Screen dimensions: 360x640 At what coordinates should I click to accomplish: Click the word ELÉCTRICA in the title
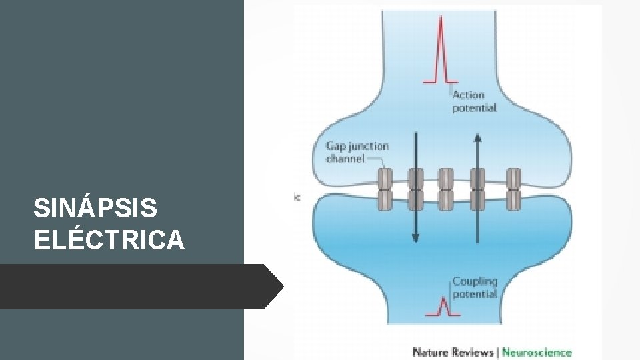(109, 240)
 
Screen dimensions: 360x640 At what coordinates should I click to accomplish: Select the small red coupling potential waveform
(441, 307)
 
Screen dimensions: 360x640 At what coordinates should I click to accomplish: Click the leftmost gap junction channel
(385, 189)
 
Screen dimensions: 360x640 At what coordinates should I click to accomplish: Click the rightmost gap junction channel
(513, 189)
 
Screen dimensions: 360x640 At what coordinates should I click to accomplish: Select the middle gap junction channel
(446, 189)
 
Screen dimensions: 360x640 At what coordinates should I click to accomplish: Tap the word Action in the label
(469, 95)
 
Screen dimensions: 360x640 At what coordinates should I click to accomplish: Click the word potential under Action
(474, 108)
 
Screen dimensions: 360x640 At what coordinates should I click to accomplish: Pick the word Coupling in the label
(475, 281)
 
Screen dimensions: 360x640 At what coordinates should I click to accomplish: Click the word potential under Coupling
(475, 294)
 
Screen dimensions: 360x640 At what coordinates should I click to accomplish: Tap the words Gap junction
(357, 146)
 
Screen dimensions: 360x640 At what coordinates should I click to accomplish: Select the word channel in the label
(345, 159)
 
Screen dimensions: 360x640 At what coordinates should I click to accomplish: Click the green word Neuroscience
(537, 351)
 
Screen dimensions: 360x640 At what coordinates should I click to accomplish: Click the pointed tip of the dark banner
(283, 287)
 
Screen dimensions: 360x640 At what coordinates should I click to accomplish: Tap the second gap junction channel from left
(416, 189)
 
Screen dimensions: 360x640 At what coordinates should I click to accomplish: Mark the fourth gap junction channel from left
(478, 189)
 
